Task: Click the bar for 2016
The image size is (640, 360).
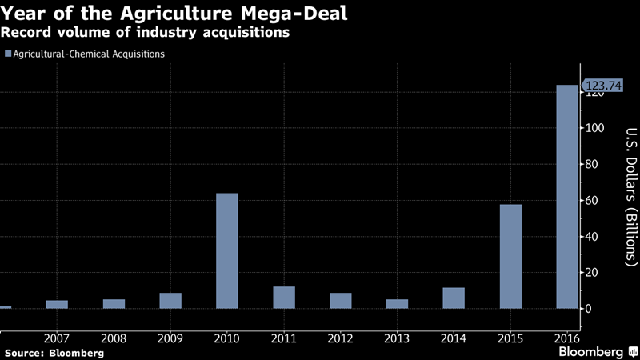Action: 567,197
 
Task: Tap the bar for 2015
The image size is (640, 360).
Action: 510,257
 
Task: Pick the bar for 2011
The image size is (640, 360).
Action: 284,298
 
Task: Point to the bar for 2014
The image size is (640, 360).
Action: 454,298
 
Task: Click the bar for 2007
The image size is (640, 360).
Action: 57,304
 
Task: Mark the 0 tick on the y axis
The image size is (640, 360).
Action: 589,309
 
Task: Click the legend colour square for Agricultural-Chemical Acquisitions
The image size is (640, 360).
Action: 9,54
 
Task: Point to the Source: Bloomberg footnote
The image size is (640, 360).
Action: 54,352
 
